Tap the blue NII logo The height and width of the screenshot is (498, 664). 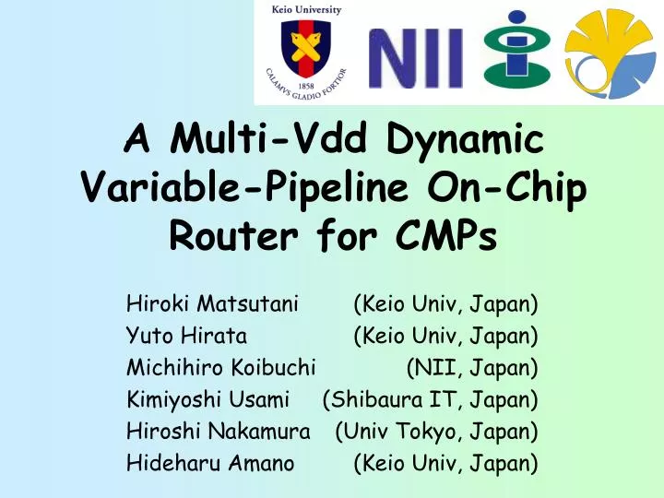click(416, 56)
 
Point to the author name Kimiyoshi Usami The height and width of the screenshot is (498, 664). click(208, 399)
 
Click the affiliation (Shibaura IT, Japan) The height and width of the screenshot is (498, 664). click(430, 399)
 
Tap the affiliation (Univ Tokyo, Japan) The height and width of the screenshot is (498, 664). click(436, 432)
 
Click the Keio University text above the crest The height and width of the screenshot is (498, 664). click(303, 9)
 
